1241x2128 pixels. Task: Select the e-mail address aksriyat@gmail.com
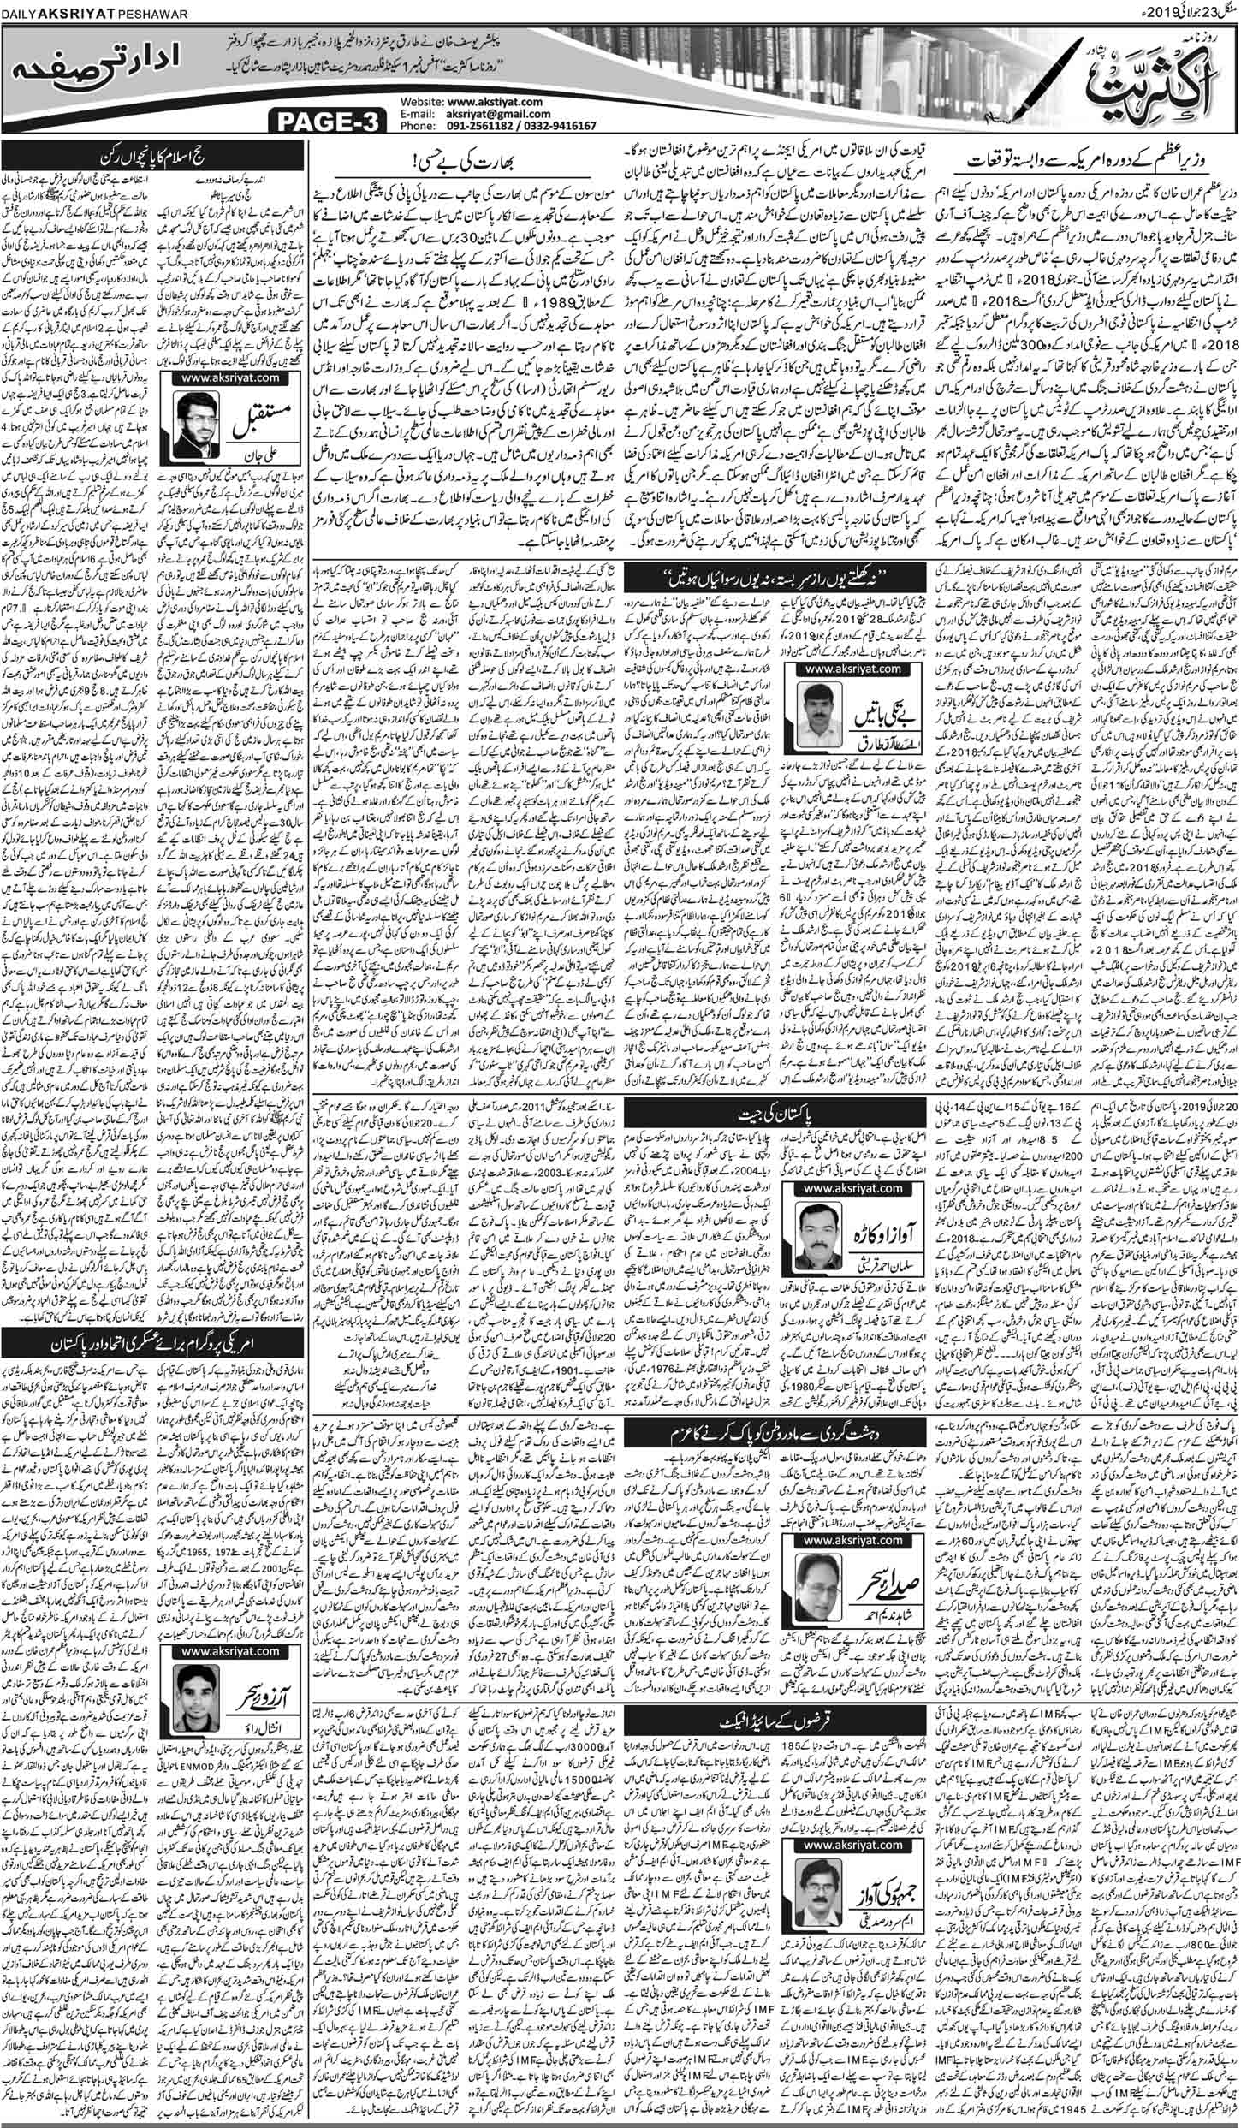tap(496, 113)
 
